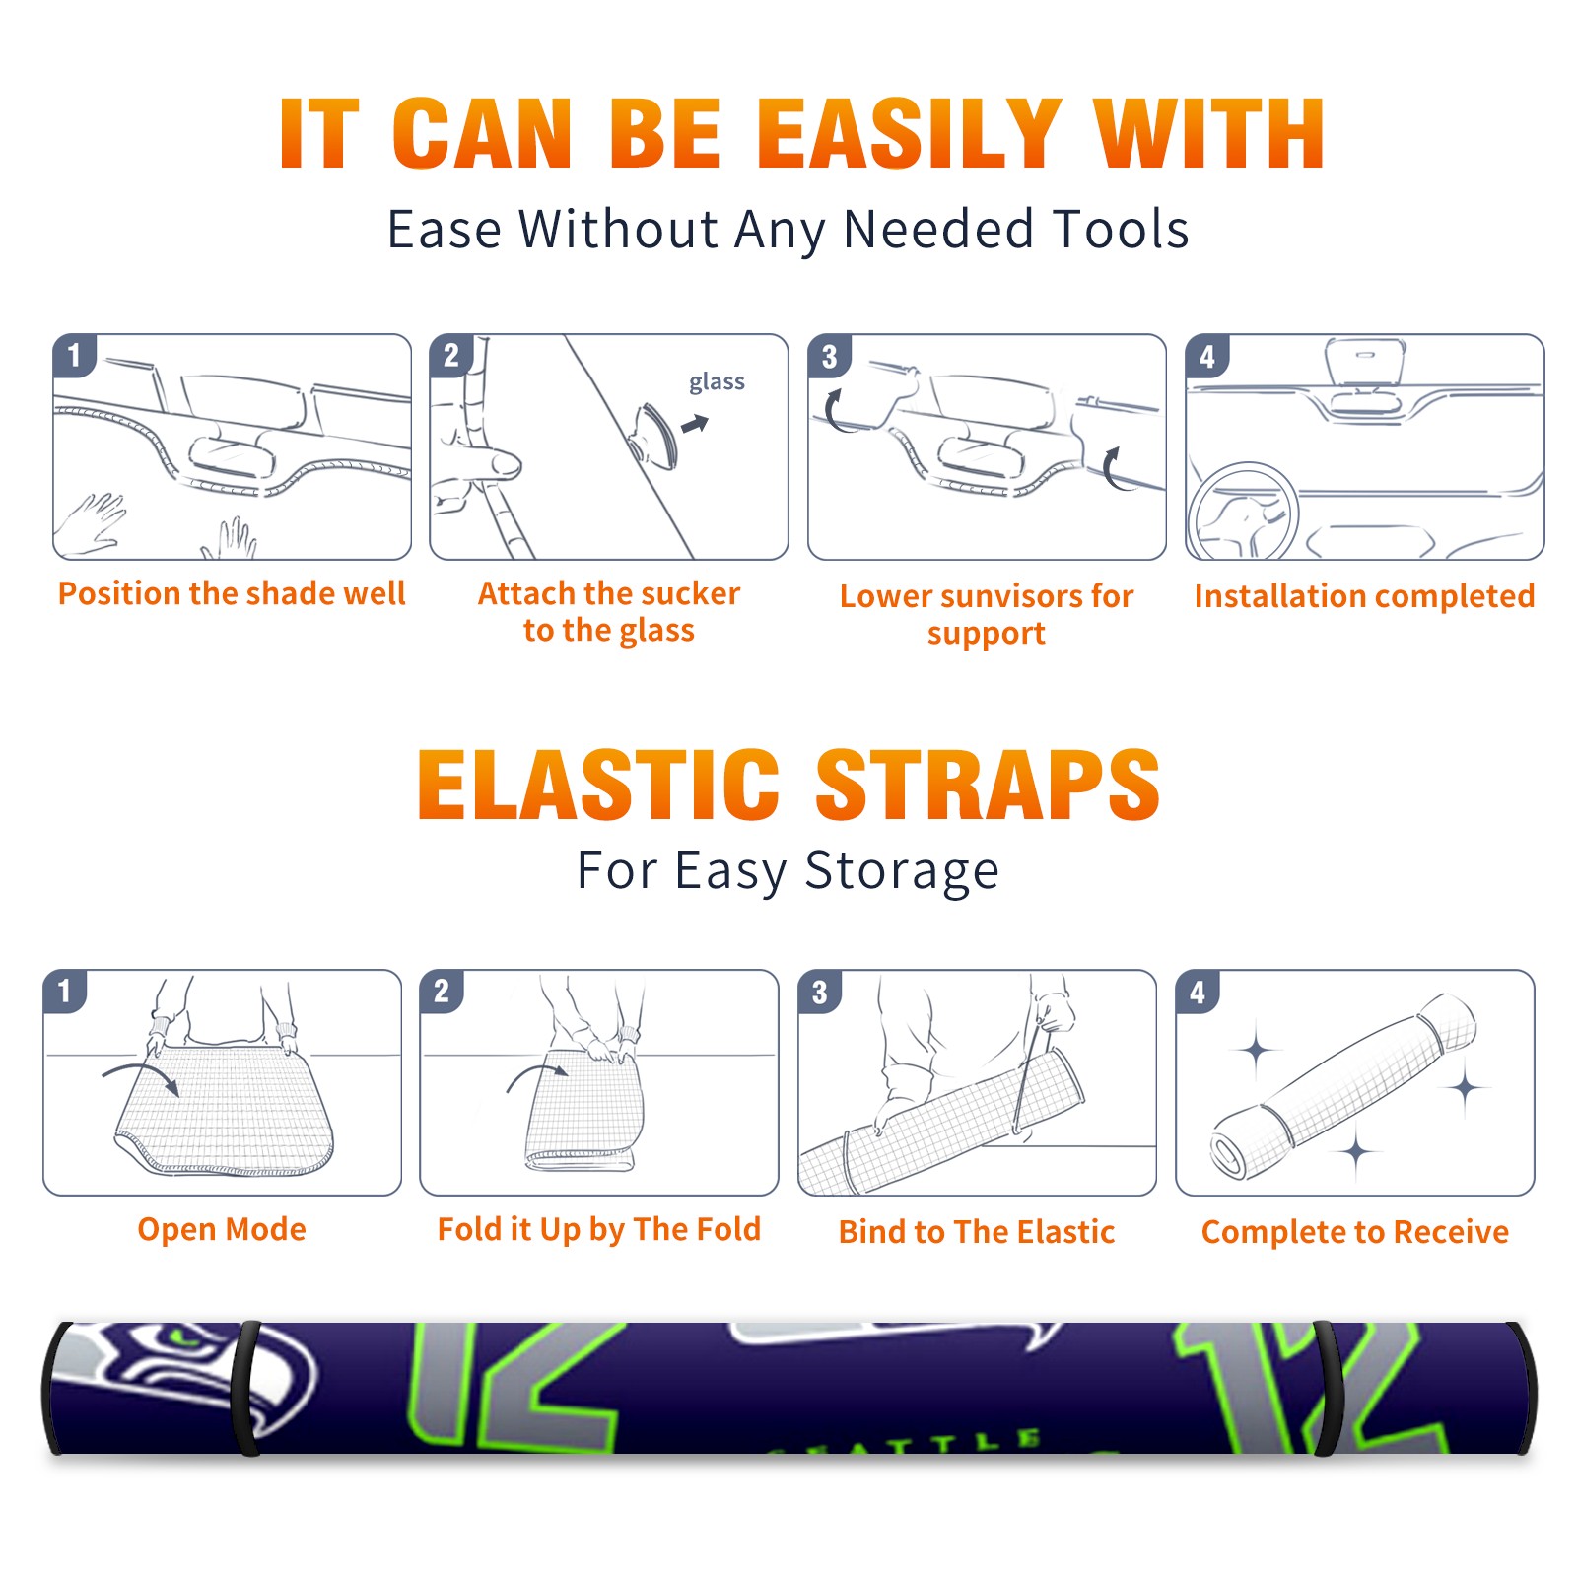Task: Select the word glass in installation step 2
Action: coord(717,382)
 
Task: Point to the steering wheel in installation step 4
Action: coord(1243,512)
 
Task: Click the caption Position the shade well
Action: coord(232,593)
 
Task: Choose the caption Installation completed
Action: coord(1364,595)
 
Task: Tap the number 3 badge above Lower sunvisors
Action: coord(829,356)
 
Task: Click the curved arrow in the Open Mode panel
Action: coord(140,1077)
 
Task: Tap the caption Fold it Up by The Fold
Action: coord(599,1229)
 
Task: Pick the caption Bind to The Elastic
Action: coord(977,1232)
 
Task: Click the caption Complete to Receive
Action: coord(1355,1232)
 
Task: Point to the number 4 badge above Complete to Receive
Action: coord(1198,992)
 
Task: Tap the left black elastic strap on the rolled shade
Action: coord(247,1388)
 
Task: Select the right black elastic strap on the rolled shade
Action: coord(1328,1388)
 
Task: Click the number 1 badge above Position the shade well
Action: coord(74,356)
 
